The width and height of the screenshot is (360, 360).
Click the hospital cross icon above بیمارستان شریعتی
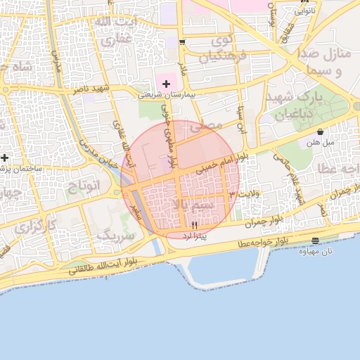(166, 84)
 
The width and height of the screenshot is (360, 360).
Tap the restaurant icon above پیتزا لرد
(195, 224)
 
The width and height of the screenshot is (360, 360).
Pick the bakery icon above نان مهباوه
(314, 241)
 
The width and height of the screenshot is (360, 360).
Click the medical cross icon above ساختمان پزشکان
(5, 157)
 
